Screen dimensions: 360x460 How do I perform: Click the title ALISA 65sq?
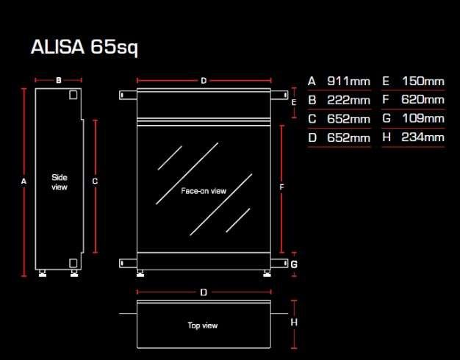(85, 48)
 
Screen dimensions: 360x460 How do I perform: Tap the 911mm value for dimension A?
(348, 82)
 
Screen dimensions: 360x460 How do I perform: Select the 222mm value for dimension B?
(348, 100)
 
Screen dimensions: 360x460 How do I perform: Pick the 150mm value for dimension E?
(423, 82)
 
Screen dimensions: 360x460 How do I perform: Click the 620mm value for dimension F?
(423, 100)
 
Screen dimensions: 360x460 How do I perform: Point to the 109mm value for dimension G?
(423, 118)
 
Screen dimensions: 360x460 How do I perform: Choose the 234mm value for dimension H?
(423, 137)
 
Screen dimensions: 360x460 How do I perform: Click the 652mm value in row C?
(348, 118)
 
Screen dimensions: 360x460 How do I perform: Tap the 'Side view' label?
(60, 182)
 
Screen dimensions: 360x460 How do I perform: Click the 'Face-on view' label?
(204, 191)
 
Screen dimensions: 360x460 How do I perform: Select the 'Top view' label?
(203, 325)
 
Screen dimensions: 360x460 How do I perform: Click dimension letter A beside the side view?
(24, 180)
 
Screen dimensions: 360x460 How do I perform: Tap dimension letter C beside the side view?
(95, 180)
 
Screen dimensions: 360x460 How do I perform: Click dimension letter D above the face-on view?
(204, 80)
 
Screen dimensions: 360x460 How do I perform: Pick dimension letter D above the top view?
(204, 292)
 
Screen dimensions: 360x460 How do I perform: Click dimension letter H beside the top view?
(294, 322)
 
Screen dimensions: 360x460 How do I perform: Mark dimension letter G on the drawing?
(294, 264)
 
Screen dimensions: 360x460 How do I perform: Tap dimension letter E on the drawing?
(294, 102)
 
